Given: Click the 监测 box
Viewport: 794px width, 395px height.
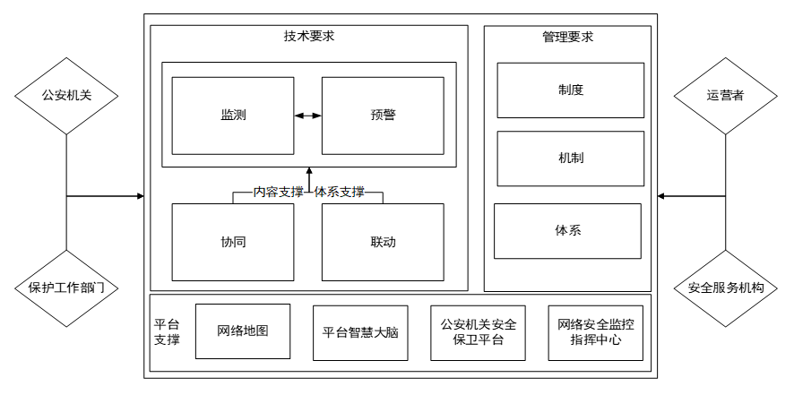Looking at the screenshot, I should [x=233, y=116].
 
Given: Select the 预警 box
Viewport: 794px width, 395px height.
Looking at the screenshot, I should [x=383, y=116].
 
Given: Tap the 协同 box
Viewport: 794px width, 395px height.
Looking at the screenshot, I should [x=233, y=242].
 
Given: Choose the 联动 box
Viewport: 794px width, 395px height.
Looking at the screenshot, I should [x=383, y=242].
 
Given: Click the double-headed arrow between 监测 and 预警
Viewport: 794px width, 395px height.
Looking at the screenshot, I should [x=307, y=116].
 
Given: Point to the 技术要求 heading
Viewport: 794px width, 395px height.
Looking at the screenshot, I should [x=309, y=37].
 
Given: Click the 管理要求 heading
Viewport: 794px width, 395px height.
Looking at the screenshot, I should [x=567, y=38].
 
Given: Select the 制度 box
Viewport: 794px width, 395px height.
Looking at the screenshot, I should [x=571, y=90].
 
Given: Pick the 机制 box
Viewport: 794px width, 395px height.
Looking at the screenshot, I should [x=571, y=159].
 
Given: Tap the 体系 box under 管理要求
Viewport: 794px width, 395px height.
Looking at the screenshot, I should [x=567, y=230].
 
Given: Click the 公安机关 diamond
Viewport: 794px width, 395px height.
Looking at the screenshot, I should [x=67, y=96].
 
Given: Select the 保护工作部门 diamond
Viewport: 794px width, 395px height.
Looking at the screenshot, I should [x=67, y=288].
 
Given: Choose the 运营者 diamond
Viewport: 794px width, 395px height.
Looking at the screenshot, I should [x=725, y=96].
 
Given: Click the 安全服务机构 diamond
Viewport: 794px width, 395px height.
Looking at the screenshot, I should [x=725, y=288].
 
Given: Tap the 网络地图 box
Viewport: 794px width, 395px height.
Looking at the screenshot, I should [x=242, y=331].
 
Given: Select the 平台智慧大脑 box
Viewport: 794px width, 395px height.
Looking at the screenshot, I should [x=360, y=332].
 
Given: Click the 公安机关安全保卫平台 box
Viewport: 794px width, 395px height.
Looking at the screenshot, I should [x=478, y=332].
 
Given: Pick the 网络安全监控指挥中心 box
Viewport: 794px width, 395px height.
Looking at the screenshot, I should [x=596, y=332].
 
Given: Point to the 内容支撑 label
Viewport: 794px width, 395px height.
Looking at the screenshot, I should [x=278, y=192].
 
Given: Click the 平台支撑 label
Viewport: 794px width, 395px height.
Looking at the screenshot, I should [x=167, y=332].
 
